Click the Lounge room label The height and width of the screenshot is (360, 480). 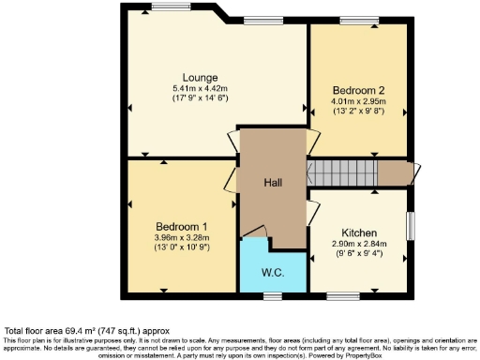point(201,77)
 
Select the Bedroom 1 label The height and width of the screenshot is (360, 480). point(182,226)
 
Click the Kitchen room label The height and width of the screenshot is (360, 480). point(359,232)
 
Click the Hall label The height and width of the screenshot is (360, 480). point(273,182)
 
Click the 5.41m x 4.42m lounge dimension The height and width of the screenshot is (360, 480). point(201,87)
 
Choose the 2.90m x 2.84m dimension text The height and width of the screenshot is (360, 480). point(359,244)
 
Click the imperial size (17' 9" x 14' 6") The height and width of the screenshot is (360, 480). point(201,97)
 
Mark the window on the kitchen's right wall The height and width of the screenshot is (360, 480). point(410,226)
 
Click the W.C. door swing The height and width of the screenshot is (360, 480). point(256,232)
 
